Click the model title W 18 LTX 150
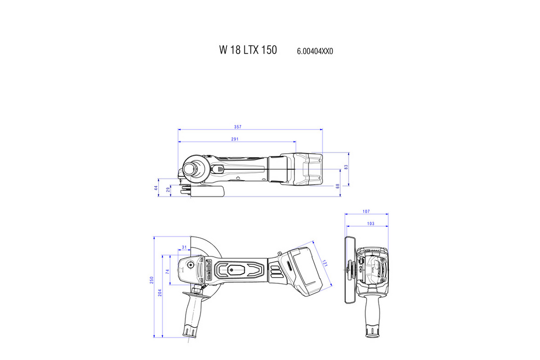[248, 50]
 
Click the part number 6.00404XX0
[315, 51]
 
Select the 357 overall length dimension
[238, 127]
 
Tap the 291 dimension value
[235, 139]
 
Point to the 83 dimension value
[347, 168]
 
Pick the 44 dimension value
[156, 188]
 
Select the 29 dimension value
[169, 190]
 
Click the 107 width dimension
[366, 211]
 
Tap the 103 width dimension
[370, 224]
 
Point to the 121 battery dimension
[323, 263]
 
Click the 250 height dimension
[152, 280]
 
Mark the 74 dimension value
[168, 271]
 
